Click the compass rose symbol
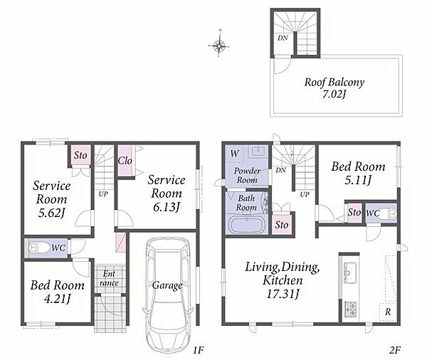tap(219, 46)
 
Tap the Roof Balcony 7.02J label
tap(334, 88)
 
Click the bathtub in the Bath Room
tap(247, 224)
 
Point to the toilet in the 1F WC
tap(38, 248)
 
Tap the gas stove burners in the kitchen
tap(350, 309)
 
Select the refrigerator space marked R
tap(388, 311)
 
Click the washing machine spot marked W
tap(234, 154)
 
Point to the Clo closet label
tap(125, 161)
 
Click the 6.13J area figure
tap(166, 208)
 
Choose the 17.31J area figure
tap(283, 294)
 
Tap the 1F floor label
tap(199, 350)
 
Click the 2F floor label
tap(394, 350)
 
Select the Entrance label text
tap(109, 278)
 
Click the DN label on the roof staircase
tap(283, 38)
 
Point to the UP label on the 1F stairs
tap(103, 194)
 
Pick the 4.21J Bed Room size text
tap(57, 299)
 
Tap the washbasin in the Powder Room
tap(257, 151)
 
